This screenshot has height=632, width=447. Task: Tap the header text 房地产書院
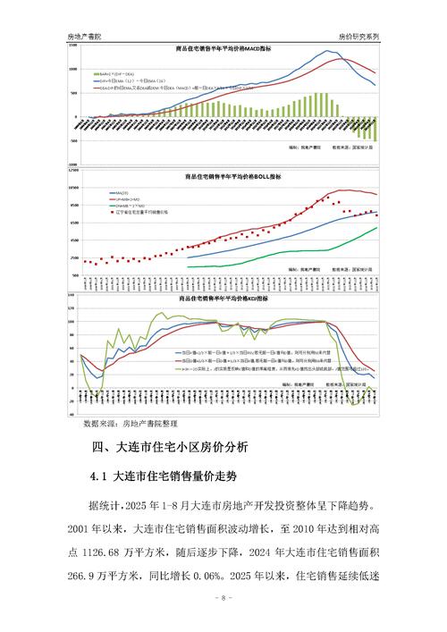tap(86, 36)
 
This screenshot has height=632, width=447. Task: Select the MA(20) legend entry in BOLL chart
tap(119, 192)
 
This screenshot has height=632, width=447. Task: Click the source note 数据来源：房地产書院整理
tap(131, 423)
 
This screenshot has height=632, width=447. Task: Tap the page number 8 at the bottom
tap(223, 597)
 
